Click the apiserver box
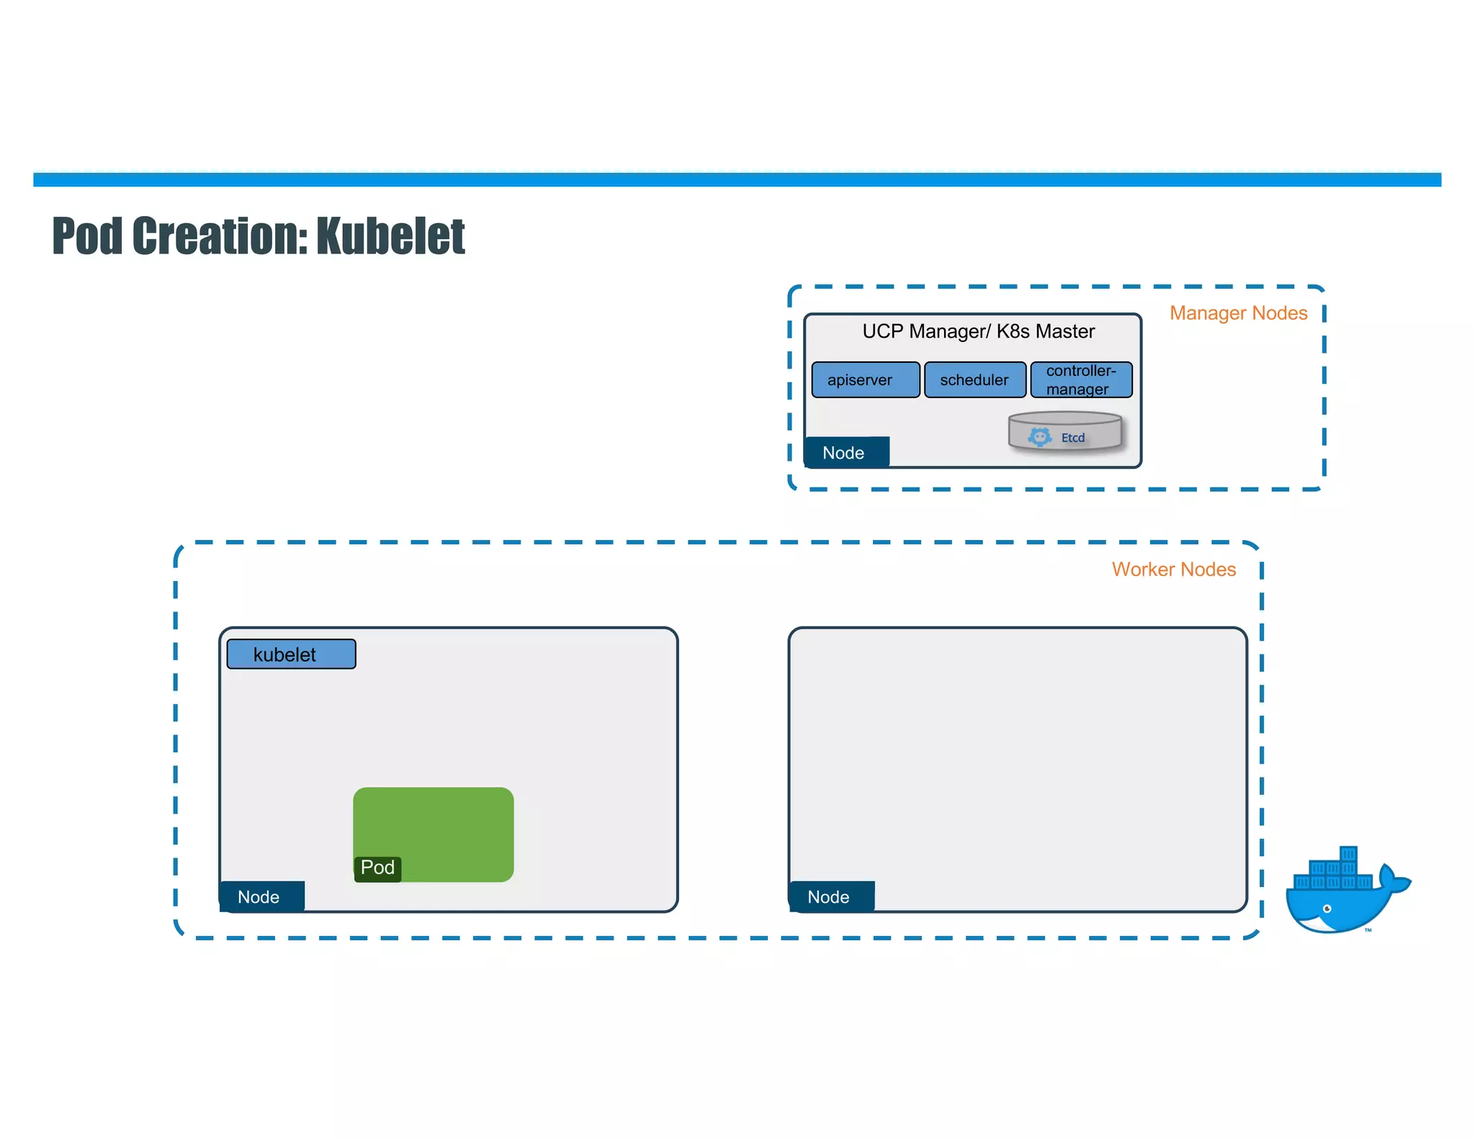[865, 380]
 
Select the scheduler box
[974, 380]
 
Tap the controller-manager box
[1081, 380]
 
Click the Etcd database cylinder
[1065, 431]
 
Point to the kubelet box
[291, 654]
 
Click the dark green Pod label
[377, 868]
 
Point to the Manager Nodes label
[1238, 313]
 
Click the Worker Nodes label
[1173, 569]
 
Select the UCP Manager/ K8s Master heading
[978, 331]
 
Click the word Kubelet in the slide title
[390, 236]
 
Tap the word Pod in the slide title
[88, 236]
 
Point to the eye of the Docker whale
[1327, 909]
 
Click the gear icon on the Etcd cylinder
[1039, 437]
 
